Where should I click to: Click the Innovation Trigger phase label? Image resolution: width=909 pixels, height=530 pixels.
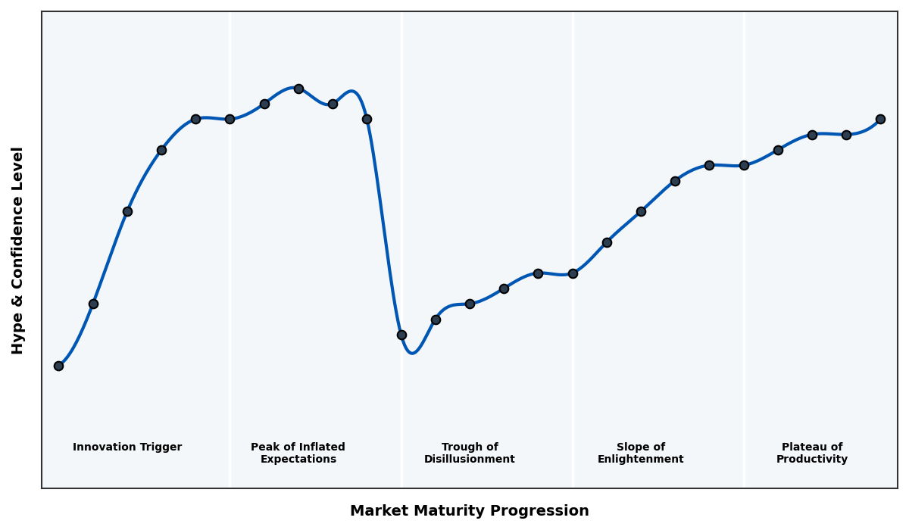click(127, 447)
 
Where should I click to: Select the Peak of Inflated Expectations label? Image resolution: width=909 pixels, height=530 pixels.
click(298, 453)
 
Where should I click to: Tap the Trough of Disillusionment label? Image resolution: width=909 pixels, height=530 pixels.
click(469, 453)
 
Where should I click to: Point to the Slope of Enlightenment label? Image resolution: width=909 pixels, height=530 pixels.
click(640, 453)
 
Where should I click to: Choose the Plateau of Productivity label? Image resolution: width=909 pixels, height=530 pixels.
click(811, 453)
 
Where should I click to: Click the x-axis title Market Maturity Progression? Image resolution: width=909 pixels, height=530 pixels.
click(469, 511)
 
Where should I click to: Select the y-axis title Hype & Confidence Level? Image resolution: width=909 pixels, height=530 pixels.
click(18, 250)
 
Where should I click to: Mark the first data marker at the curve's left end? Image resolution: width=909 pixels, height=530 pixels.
click(58, 366)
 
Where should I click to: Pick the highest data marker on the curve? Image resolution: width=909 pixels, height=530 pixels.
click(298, 89)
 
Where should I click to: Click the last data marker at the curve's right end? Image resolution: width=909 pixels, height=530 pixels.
click(880, 119)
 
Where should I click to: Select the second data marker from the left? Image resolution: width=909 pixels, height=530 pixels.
click(93, 304)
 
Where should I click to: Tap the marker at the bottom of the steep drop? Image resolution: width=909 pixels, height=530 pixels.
click(401, 335)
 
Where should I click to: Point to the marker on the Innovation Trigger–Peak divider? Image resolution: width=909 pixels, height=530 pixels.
click(230, 119)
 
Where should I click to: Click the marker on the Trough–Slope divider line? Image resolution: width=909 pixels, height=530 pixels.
click(573, 273)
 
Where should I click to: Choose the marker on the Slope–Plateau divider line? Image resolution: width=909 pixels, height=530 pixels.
click(744, 165)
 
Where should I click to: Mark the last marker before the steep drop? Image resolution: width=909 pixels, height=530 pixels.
click(367, 119)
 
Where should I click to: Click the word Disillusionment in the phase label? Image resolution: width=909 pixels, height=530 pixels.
click(469, 460)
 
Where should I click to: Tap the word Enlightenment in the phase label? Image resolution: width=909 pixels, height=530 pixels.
click(640, 460)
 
